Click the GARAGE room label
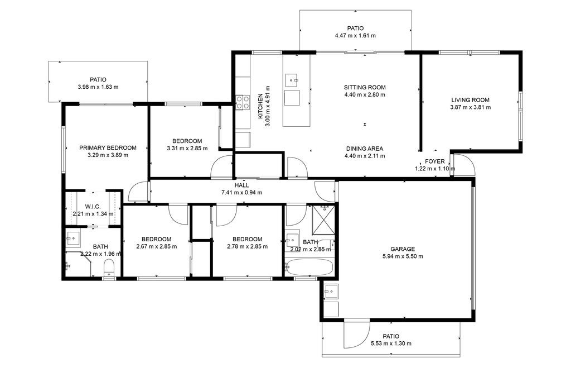(403, 249)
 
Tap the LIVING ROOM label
(470, 100)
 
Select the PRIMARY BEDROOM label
(108, 147)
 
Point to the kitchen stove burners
(243, 102)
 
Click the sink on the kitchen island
(291, 79)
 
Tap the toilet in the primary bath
(109, 268)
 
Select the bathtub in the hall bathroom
(309, 268)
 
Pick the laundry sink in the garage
(331, 292)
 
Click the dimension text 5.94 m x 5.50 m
(403, 256)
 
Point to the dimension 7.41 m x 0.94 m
(241, 193)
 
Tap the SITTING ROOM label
(365, 88)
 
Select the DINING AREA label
(365, 149)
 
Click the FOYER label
(434, 161)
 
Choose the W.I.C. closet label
(93, 207)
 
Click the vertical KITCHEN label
(260, 106)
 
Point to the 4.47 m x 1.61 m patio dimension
(355, 36)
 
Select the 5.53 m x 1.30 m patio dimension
(391, 343)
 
